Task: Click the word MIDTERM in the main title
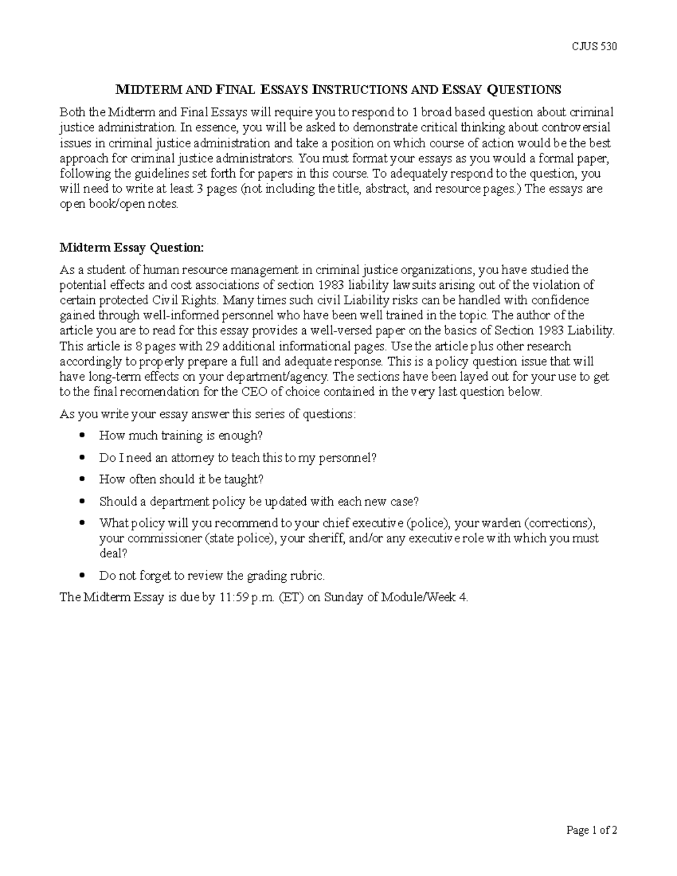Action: [150, 90]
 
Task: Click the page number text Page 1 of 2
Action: [592, 830]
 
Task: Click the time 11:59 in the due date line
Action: [231, 598]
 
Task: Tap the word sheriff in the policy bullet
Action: [326, 538]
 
